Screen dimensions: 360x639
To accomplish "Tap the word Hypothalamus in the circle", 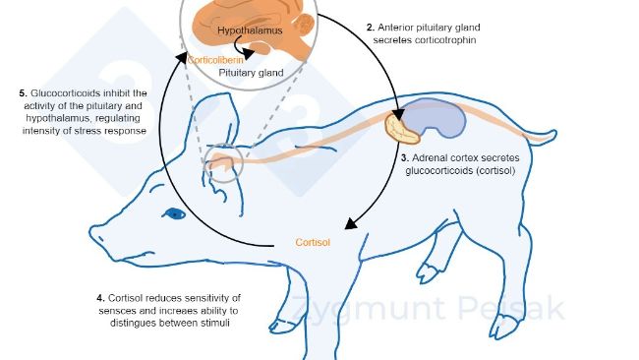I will tap(249, 30).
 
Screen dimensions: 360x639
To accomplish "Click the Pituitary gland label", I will tap(251, 73).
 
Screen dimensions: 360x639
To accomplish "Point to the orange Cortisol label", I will tap(313, 241).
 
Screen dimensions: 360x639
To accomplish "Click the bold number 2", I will tap(371, 27).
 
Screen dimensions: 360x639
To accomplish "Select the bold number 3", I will tap(404, 156).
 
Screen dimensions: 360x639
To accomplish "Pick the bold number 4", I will tap(100, 298).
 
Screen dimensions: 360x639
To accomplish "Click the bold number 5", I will tap(22, 92).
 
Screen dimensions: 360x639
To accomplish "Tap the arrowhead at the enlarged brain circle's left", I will tap(183, 57).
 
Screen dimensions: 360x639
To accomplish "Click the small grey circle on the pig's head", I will tap(222, 165).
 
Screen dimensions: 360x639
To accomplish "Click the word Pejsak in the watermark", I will tap(522, 309).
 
